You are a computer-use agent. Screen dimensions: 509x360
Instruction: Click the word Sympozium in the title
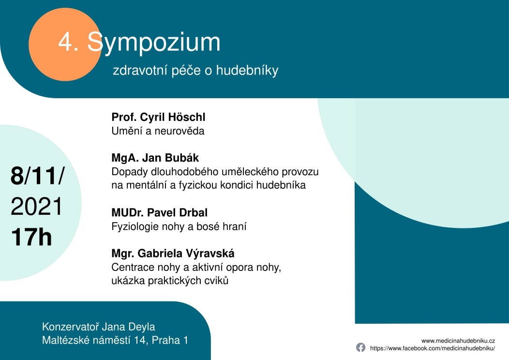(154, 43)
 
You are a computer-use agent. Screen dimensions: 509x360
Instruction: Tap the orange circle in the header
(65, 45)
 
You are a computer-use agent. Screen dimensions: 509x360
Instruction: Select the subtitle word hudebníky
(247, 71)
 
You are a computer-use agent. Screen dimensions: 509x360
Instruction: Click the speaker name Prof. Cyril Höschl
(158, 117)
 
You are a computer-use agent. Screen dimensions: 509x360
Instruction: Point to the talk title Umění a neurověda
(158, 131)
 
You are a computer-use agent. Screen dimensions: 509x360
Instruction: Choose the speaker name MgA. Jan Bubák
(155, 158)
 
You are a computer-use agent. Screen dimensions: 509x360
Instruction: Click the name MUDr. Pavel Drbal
(159, 212)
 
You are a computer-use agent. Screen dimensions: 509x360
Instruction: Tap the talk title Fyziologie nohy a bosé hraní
(179, 226)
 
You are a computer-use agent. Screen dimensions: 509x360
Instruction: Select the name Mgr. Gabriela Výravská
(173, 254)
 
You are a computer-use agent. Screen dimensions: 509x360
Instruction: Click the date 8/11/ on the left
(38, 176)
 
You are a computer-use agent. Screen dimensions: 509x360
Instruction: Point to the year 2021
(36, 207)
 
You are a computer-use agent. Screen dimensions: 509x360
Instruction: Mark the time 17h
(31, 237)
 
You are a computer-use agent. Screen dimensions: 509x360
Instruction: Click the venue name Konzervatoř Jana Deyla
(99, 327)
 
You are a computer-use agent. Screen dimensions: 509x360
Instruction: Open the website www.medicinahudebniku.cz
(458, 341)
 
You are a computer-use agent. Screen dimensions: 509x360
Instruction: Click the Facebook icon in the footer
(360, 347)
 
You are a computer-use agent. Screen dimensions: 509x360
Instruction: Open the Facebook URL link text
(433, 348)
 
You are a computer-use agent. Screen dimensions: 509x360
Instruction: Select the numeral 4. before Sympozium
(68, 43)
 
